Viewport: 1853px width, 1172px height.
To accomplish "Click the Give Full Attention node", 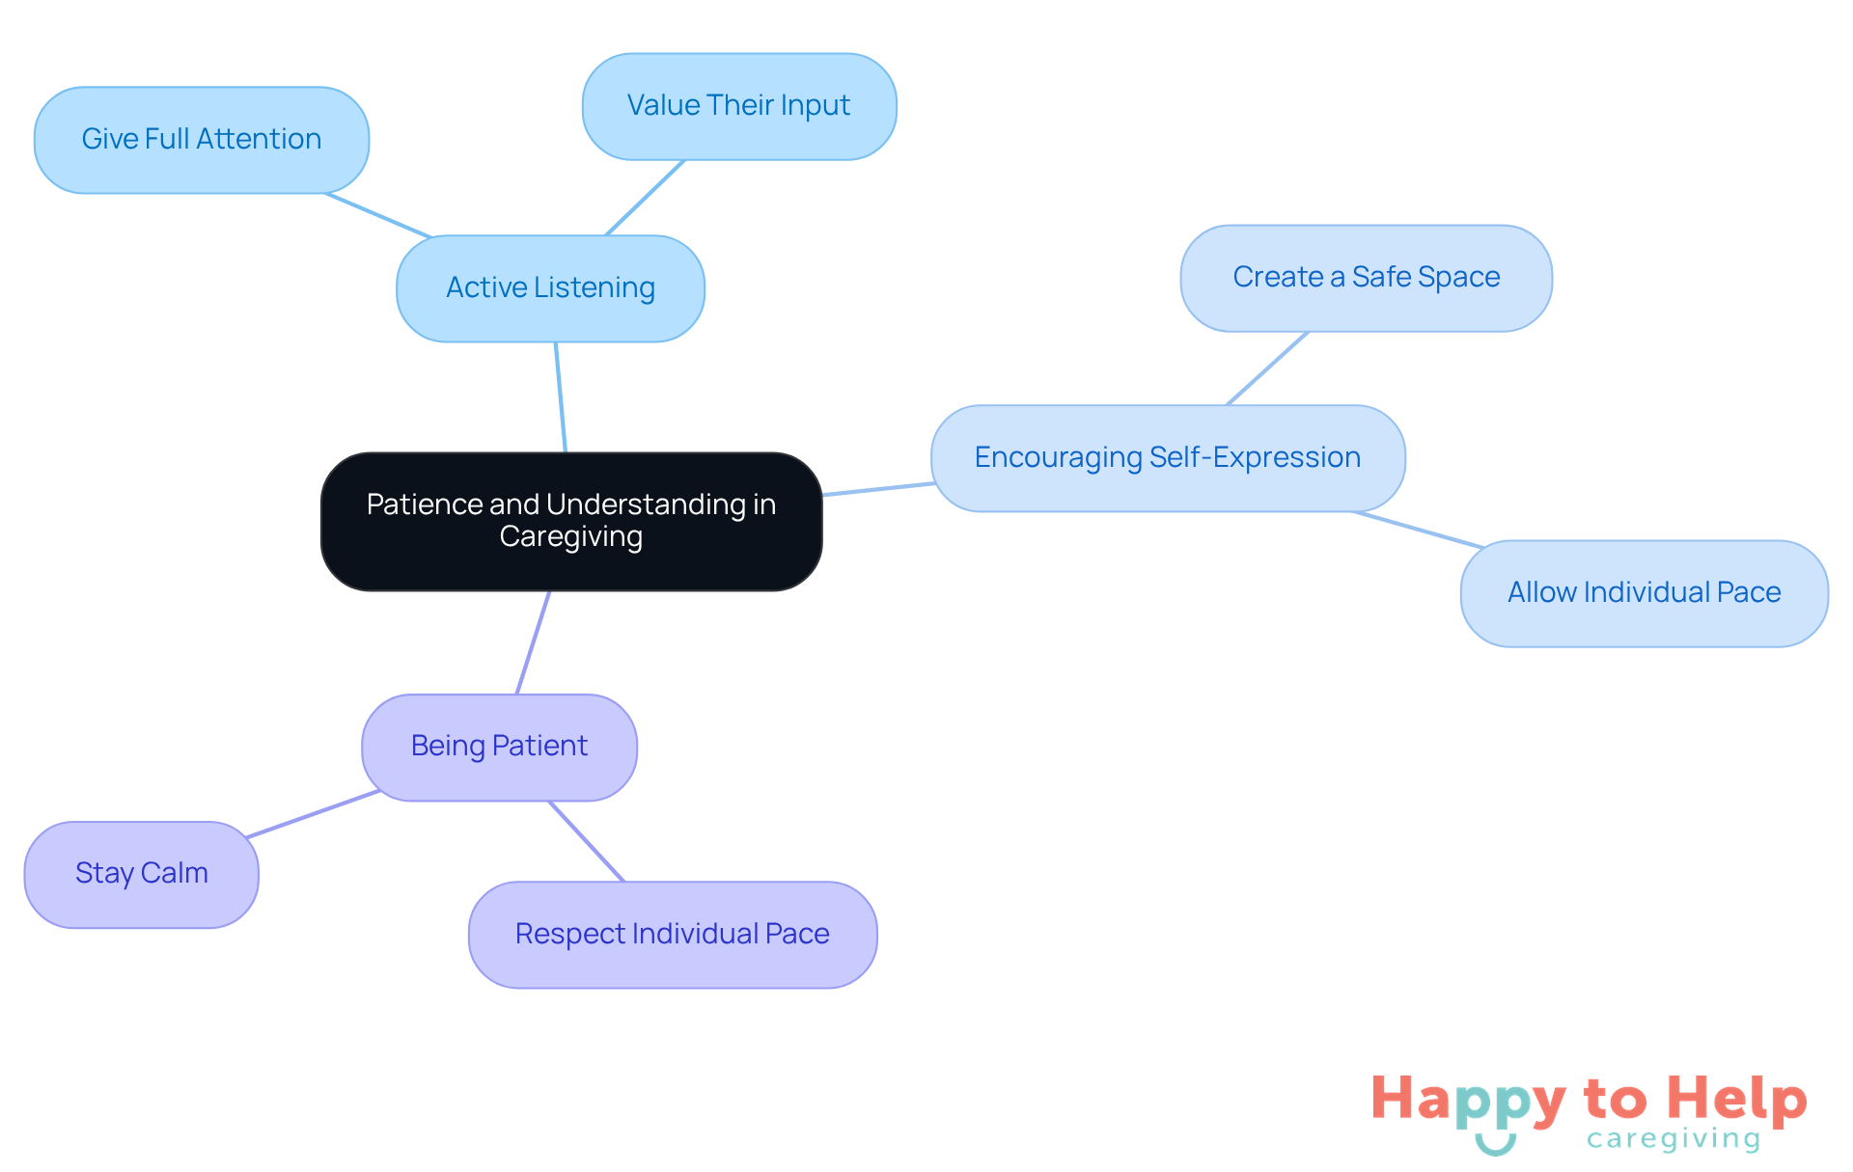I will pyautogui.click(x=201, y=140).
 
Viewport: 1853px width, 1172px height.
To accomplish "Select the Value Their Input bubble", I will pyautogui.click(x=738, y=106).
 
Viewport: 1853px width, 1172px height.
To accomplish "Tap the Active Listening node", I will pyautogui.click(x=550, y=288).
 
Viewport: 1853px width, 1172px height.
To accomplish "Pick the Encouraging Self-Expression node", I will pyautogui.click(x=1167, y=458).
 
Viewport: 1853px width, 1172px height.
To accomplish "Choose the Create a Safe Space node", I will pyautogui.click(x=1366, y=279).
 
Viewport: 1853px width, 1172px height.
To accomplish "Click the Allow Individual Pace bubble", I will pyautogui.click(x=1644, y=593).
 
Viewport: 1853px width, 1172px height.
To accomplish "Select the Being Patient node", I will pyautogui.click(x=499, y=747).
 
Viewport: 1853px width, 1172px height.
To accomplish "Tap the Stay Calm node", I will pyautogui.click(x=141, y=874).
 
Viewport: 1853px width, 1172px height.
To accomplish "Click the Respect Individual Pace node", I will pyautogui.click(x=672, y=934).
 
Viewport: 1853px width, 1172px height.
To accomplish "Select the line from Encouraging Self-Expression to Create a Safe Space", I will pyautogui.click(x=1267, y=368).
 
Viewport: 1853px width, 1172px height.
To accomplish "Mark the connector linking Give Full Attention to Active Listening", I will pyautogui.click(x=379, y=215).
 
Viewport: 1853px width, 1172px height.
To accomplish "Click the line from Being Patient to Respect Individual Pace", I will pyautogui.click(x=587, y=841).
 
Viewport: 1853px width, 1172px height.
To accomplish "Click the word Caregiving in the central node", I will pyautogui.click(x=571, y=537).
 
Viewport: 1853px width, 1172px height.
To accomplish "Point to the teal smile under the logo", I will pyautogui.click(x=1495, y=1145).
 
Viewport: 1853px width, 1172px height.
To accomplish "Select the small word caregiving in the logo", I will pyautogui.click(x=1673, y=1140).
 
